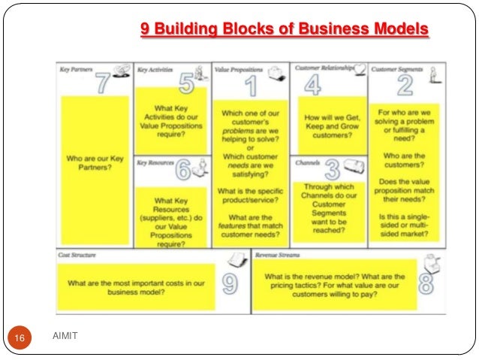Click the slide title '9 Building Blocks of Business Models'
pos(285,30)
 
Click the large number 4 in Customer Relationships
pos(312,84)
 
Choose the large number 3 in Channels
pos(332,171)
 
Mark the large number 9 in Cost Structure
pos(230,283)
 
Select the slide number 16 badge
pos(20,340)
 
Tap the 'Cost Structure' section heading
pos(77,256)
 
